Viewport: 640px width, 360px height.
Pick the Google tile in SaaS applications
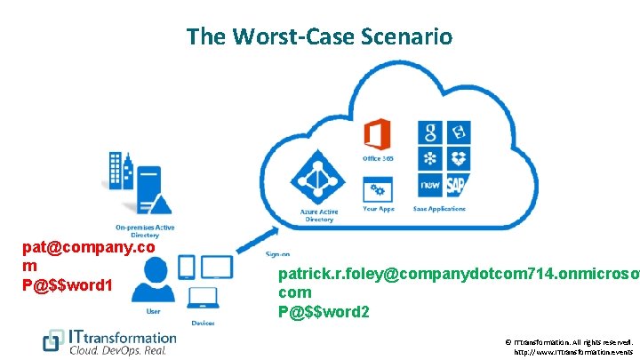coord(431,134)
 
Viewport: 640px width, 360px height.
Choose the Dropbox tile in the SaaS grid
coord(459,160)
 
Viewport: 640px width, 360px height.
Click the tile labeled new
coord(431,186)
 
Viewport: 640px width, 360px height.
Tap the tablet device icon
coord(216,267)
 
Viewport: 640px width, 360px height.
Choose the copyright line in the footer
coord(568,341)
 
